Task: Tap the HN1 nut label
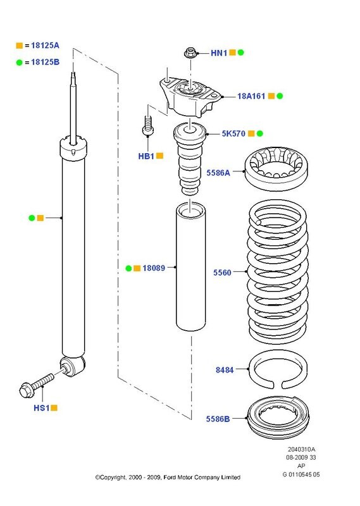click(218, 53)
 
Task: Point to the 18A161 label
click(251, 96)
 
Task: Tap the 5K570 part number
click(234, 134)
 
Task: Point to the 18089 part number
click(153, 268)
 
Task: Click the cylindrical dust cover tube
click(190, 272)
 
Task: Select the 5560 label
click(223, 273)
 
